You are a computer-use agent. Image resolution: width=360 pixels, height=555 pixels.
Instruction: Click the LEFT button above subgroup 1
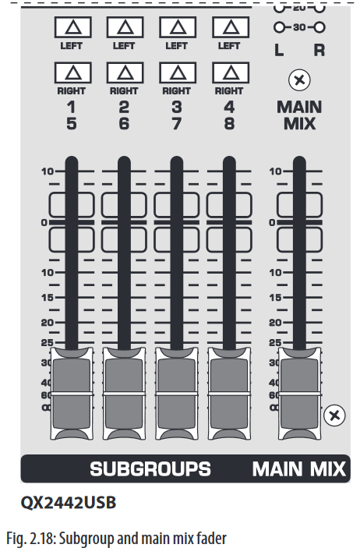71,29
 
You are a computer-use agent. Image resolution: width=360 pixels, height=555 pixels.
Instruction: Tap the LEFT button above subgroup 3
176,29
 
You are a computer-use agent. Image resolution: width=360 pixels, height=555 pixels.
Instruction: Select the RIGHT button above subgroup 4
229,73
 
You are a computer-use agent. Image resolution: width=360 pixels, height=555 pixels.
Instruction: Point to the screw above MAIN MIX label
299,80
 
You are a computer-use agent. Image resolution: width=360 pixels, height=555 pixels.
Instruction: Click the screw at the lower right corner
334,415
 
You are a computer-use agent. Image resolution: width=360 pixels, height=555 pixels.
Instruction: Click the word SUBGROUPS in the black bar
150,469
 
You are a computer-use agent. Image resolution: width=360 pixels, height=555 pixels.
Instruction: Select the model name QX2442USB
69,503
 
